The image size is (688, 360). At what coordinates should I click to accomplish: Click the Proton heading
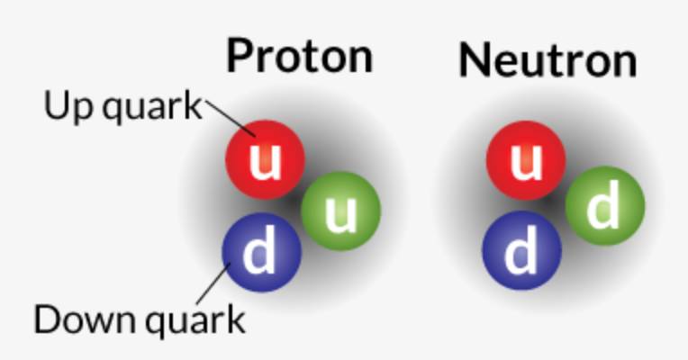(x=299, y=56)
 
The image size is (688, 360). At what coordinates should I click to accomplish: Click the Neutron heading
(x=547, y=59)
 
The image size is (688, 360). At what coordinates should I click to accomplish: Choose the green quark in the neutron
(x=604, y=209)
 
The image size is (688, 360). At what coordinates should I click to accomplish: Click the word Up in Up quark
(x=65, y=107)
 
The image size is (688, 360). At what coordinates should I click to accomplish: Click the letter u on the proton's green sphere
(x=341, y=212)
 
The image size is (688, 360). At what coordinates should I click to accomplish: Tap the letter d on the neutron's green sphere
(x=603, y=208)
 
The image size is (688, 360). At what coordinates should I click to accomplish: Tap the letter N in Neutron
(x=475, y=59)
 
